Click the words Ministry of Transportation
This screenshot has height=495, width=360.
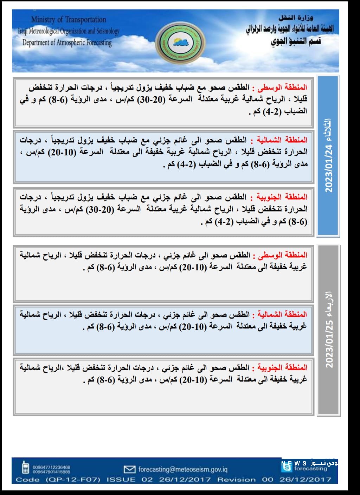pyautogui.click(x=69, y=20)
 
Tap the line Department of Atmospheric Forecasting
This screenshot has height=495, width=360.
pyautogui.click(x=67, y=43)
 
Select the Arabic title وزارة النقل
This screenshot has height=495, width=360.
pyautogui.click(x=296, y=18)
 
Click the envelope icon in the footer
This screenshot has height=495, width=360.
pyautogui.click(x=130, y=469)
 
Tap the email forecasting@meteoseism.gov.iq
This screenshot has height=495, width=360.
pyautogui.click(x=183, y=469)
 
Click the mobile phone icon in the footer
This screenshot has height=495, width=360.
pyautogui.click(x=25, y=467)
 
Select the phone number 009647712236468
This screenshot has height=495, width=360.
pyautogui.click(x=51, y=467)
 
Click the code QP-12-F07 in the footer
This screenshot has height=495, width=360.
pyautogui.click(x=73, y=480)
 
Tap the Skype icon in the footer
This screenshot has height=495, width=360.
pyautogui.click(x=287, y=468)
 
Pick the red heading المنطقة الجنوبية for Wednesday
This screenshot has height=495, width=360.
pyautogui.click(x=282, y=368)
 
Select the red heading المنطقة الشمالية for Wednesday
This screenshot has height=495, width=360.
pyautogui.click(x=282, y=314)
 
